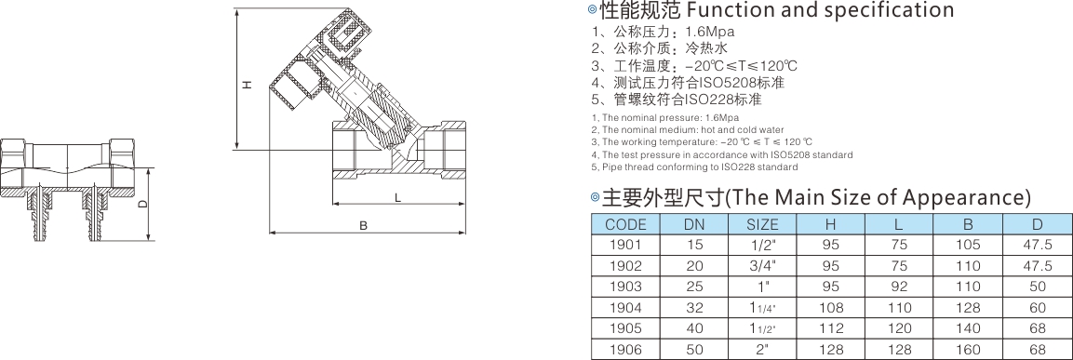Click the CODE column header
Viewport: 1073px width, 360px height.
tap(625, 224)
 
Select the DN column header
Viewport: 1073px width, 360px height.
tap(694, 224)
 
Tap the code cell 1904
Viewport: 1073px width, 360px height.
tap(625, 308)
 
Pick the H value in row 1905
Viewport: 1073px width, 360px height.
tap(831, 328)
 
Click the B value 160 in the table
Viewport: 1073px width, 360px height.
tap(968, 350)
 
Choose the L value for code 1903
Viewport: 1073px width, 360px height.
tap(899, 287)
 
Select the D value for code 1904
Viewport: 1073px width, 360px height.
tap(1037, 308)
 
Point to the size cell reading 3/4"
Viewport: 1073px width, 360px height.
tap(762, 265)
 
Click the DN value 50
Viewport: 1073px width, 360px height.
tap(694, 350)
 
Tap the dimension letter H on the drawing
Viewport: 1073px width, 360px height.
tap(249, 85)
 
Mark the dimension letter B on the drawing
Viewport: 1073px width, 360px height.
tap(363, 225)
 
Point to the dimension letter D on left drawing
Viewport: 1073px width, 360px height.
tap(141, 204)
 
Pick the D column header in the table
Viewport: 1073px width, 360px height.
tap(1037, 224)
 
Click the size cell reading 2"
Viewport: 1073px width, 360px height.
tap(762, 350)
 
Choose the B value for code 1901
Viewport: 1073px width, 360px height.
tap(968, 245)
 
